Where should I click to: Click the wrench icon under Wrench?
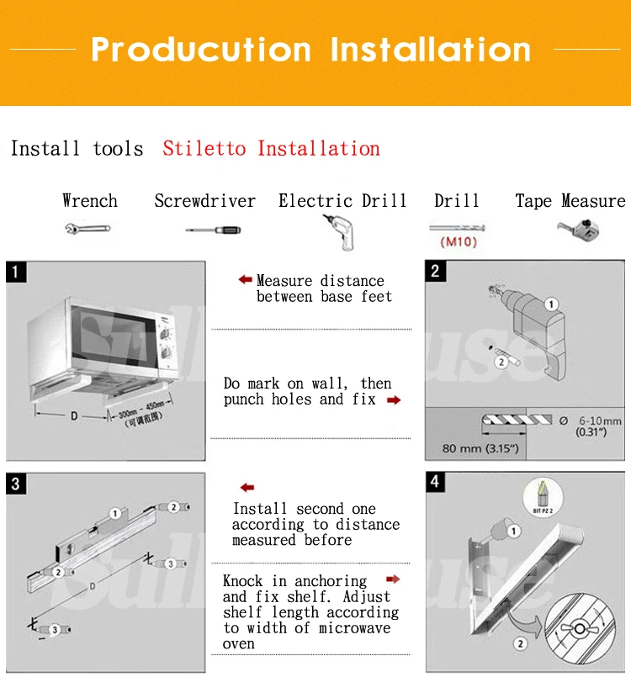point(87,228)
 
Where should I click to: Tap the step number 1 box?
point(16,271)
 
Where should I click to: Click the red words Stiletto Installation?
point(271,149)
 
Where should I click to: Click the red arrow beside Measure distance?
point(245,279)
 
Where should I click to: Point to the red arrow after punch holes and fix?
point(393,400)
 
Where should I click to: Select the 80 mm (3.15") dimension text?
point(480,448)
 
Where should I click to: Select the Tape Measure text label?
point(570,201)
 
